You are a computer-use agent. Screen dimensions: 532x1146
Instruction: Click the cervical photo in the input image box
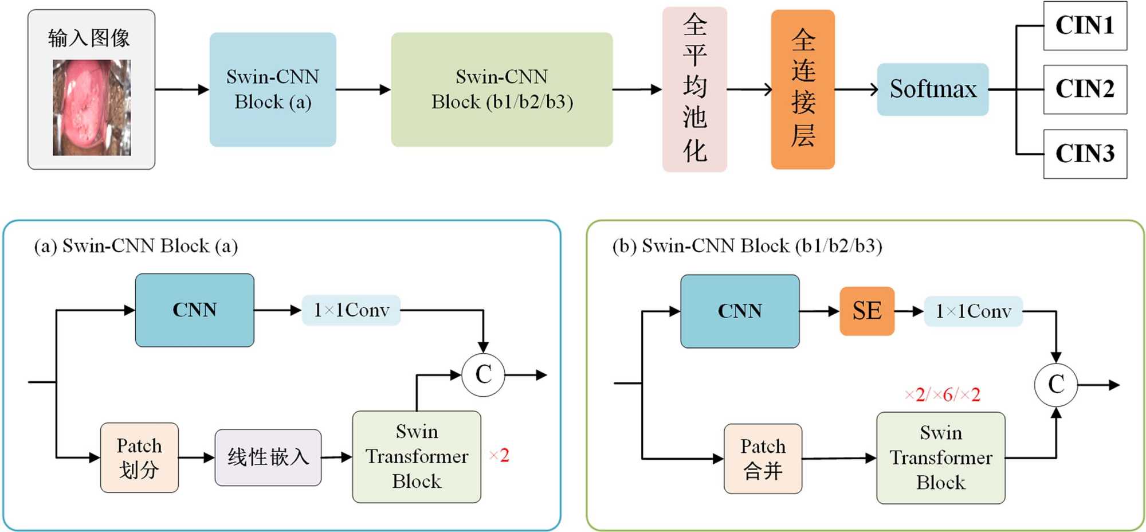[92, 108]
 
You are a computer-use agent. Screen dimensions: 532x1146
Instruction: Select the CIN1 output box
[1085, 26]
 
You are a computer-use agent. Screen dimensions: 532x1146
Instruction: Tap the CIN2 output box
[1085, 89]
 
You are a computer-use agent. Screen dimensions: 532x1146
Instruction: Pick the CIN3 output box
[1085, 154]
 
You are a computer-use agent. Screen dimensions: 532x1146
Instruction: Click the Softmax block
[932, 89]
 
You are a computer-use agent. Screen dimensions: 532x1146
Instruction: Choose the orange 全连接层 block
[802, 89]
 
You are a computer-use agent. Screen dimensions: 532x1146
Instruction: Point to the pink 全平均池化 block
[694, 89]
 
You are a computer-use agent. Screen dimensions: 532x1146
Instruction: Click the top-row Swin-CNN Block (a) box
[273, 89]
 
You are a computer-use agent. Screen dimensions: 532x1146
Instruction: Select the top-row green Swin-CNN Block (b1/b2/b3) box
[501, 89]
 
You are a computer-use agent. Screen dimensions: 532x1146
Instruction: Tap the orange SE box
[866, 311]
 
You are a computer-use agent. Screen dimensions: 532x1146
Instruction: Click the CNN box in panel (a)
[195, 310]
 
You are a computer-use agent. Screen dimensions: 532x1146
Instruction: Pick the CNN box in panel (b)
[740, 311]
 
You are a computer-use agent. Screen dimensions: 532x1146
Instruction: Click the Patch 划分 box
[139, 457]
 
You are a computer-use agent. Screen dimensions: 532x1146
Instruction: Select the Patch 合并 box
[763, 459]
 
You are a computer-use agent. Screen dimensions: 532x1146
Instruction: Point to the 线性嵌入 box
[268, 457]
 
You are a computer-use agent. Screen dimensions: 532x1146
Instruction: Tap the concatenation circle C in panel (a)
[483, 375]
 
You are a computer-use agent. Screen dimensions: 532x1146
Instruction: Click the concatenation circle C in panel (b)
[1055, 385]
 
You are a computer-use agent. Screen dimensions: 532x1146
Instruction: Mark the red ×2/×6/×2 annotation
[942, 394]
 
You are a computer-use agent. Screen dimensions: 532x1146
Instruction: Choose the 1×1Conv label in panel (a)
[351, 310]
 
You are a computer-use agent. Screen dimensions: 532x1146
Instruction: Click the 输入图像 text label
[89, 38]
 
